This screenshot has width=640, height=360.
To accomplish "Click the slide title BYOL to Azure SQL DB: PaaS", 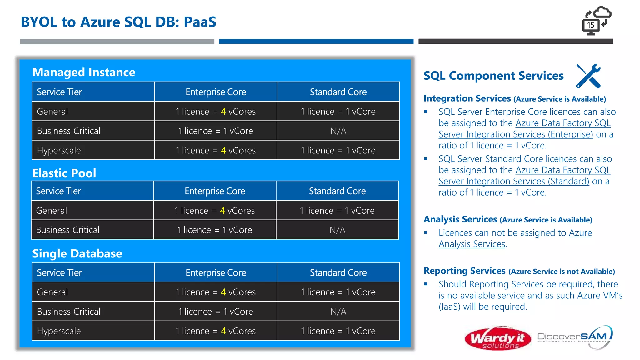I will [118, 22].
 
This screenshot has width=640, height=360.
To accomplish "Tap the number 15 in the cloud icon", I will [590, 25].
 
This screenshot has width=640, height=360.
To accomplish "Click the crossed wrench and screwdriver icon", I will [588, 76].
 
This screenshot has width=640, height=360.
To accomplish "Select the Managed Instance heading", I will [84, 72].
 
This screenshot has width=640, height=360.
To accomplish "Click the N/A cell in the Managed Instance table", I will [338, 131].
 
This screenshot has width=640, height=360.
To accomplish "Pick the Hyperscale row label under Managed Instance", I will [59, 151].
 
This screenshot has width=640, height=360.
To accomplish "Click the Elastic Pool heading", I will [64, 173].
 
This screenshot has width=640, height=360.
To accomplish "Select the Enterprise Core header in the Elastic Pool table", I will [215, 191].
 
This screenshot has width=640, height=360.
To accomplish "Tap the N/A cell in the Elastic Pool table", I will [337, 230].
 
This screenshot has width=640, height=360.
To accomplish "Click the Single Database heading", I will [77, 253].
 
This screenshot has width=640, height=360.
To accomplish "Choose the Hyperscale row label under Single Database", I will [59, 331].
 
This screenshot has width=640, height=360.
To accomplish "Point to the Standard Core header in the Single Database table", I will [338, 272].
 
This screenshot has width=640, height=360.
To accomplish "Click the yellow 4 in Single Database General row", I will [223, 292].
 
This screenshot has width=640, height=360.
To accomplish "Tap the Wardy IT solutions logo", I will [497, 338].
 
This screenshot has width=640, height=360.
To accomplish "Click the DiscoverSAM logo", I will [574, 337].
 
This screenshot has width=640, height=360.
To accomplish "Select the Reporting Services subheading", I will [464, 271].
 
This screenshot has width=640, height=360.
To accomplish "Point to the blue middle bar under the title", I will [316, 41].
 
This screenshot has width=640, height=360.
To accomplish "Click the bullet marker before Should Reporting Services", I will [426, 284].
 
